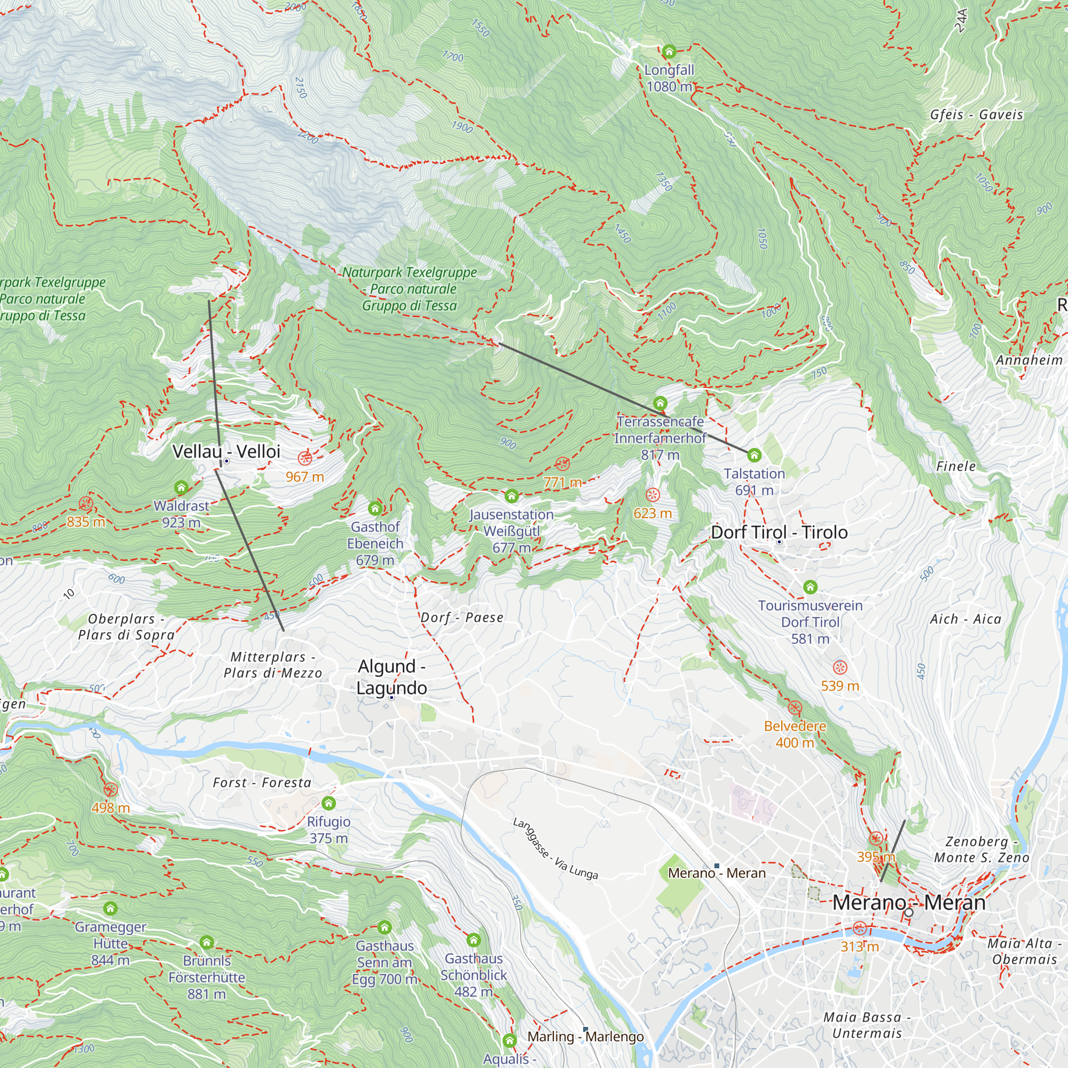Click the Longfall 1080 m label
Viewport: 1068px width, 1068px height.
669,78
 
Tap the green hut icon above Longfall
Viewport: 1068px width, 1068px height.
669,52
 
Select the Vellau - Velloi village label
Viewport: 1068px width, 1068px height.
226,451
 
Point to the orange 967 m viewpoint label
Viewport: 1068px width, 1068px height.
304,476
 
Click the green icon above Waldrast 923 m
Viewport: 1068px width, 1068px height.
182,488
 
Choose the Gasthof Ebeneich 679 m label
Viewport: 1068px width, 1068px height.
375,543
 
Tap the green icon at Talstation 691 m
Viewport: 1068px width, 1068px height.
754,456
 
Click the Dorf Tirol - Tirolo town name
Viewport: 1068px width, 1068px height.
779,532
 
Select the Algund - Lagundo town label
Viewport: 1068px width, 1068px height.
391,677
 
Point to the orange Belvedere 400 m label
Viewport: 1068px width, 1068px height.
795,734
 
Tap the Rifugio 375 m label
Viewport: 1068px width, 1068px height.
328,829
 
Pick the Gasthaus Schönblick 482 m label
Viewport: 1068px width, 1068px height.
473,975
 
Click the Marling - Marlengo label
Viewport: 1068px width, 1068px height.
585,1036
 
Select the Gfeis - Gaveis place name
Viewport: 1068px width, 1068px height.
976,114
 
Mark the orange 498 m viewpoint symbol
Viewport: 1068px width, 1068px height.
111,789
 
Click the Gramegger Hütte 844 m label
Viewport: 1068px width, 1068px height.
111,943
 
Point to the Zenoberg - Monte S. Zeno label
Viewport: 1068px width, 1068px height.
981,850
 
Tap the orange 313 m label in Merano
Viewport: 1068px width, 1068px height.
859,946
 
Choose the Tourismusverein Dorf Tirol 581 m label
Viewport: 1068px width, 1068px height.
810,622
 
